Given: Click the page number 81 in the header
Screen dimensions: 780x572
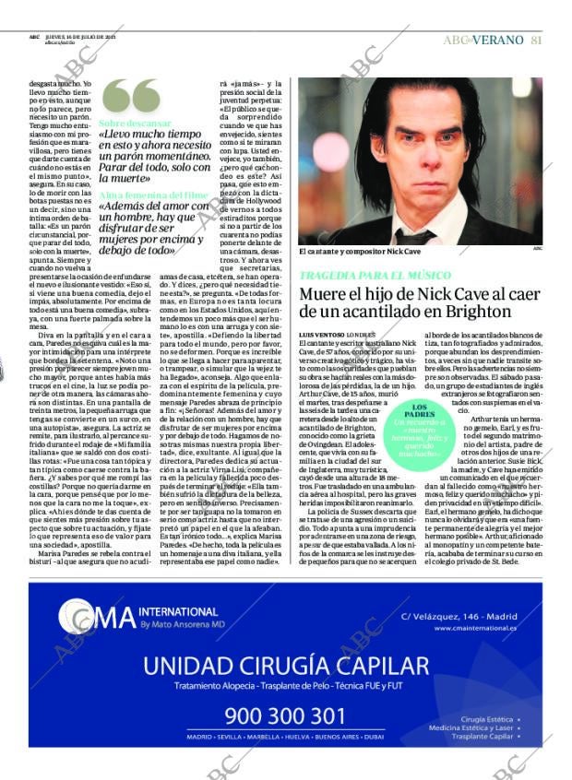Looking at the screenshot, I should point(536,40).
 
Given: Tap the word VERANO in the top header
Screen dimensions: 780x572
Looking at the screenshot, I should point(499,40).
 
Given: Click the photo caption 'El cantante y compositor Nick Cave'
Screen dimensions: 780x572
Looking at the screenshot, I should point(352,252).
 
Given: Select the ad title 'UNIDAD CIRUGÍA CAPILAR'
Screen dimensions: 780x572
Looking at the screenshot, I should point(286,666).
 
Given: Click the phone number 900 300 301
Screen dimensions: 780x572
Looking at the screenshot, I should point(285,716).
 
